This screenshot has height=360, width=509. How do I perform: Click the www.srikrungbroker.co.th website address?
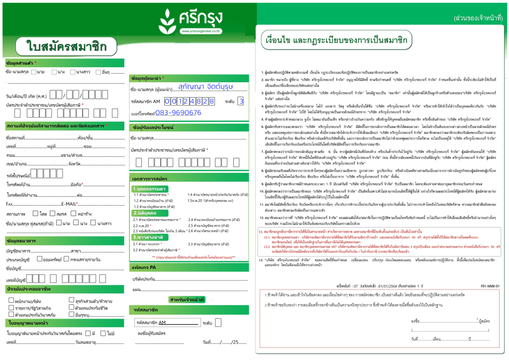200,32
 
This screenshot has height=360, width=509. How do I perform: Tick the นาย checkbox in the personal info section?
34,72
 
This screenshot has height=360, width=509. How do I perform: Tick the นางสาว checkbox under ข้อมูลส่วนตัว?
73,72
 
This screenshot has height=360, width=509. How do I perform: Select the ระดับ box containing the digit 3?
241,101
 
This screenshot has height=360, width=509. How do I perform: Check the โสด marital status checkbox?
35,214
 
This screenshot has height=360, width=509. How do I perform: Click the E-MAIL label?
70,204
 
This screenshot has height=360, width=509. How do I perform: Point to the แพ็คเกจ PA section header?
145,267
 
